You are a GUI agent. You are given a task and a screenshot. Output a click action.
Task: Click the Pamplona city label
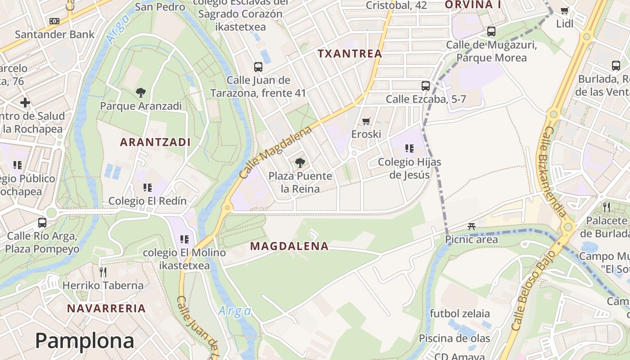pos(85,341)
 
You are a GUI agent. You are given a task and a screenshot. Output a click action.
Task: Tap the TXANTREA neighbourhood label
pos(350,54)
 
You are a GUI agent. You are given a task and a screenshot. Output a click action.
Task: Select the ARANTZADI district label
pos(155,142)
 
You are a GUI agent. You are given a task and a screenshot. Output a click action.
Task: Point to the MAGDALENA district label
pos(289,246)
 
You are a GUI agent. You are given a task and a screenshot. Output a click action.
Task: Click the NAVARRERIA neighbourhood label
pos(107,308)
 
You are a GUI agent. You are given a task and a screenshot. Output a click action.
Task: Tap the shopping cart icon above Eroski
pos(366,121)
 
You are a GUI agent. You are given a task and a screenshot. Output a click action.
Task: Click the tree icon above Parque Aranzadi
pos(140,93)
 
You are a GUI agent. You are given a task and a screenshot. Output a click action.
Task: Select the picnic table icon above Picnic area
pos(471,226)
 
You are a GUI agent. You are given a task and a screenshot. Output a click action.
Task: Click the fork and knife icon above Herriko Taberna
pos(103,272)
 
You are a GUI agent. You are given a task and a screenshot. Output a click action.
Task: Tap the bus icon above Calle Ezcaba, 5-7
pos(425,85)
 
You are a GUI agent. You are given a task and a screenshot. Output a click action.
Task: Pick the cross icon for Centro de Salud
pos(25,103)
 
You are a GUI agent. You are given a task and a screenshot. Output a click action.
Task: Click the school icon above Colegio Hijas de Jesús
pos(409,148)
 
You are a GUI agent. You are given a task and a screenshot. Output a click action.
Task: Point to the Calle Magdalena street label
pos(275,152)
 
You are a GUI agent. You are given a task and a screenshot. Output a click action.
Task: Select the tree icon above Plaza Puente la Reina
pos(300,162)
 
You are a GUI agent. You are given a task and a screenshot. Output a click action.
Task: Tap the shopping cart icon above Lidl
pos(564,10)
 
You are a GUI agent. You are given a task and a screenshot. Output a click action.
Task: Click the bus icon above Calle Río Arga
pos(42,222)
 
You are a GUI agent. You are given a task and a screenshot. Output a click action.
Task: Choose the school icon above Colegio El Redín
pos(147,187)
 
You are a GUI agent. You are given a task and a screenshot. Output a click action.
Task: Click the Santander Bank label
pos(55,34)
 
